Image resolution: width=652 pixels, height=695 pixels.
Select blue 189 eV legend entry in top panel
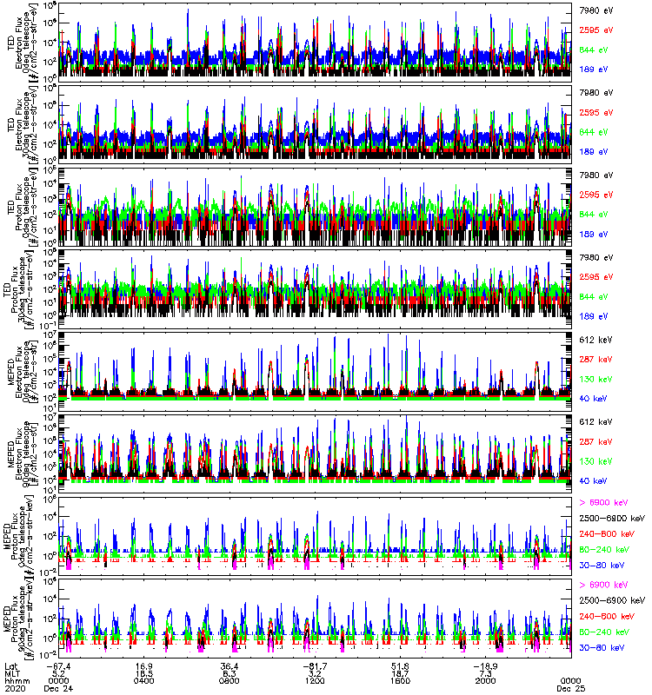[594, 68]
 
